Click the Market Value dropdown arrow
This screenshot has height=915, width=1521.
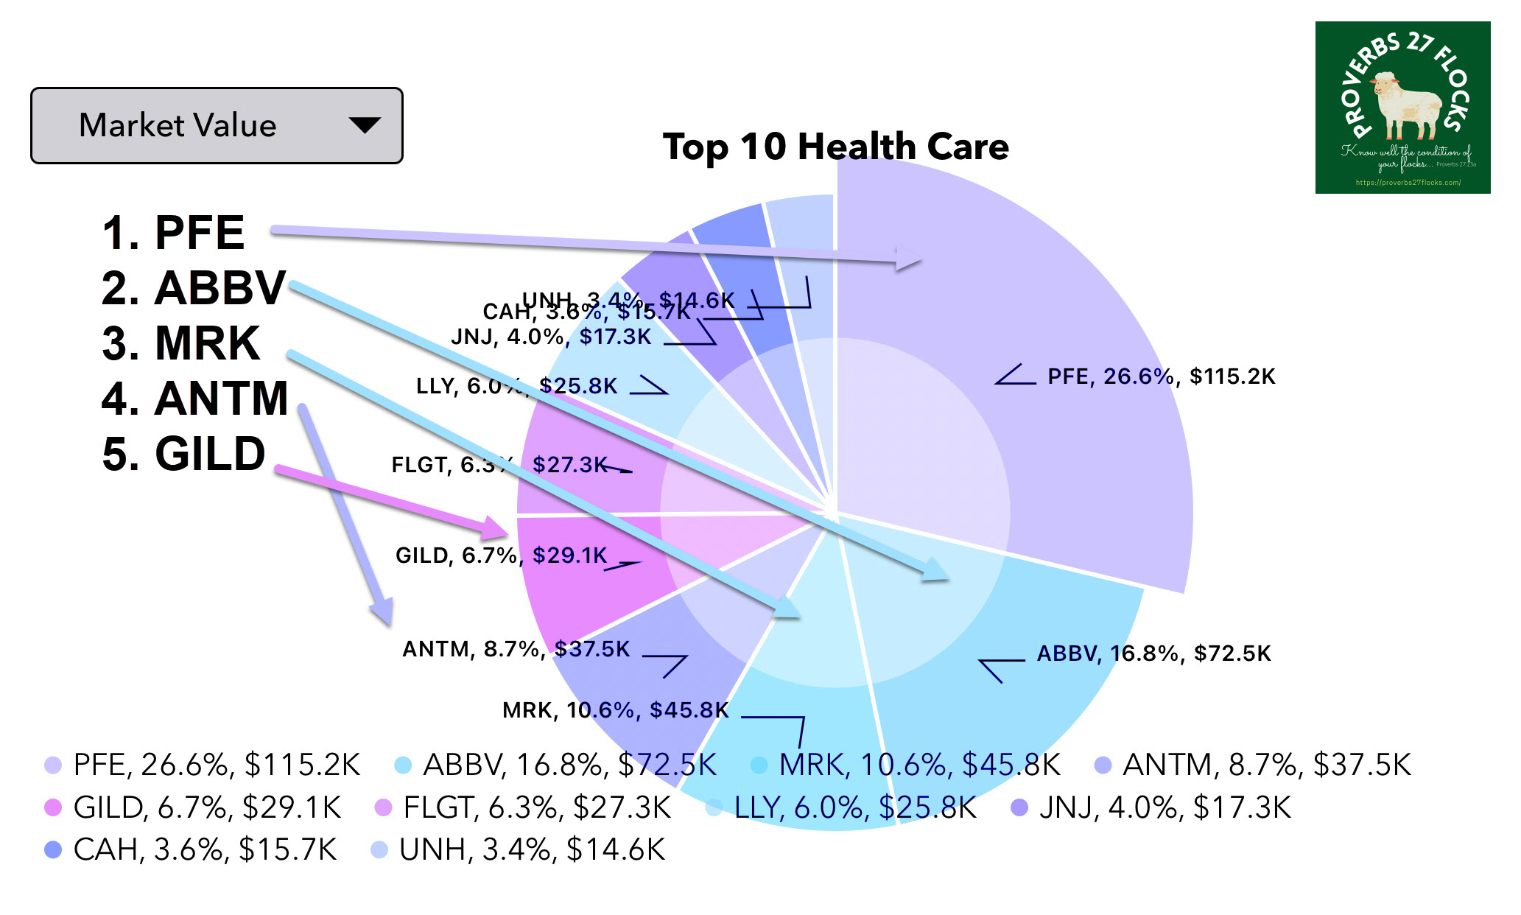click(x=365, y=125)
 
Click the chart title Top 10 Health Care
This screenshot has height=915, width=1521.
click(x=835, y=147)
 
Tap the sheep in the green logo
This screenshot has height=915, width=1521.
click(x=1405, y=105)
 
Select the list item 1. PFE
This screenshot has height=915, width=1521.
click(x=174, y=233)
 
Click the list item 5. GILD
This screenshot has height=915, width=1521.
click(x=184, y=454)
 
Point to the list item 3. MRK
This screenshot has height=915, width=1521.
click(x=181, y=343)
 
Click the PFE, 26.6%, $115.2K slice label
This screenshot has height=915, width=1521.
click(x=1161, y=376)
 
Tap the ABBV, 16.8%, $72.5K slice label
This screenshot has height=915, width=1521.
click(x=1153, y=653)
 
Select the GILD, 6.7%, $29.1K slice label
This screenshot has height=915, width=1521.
click(x=501, y=555)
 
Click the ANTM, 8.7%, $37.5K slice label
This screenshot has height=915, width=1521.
click(x=516, y=649)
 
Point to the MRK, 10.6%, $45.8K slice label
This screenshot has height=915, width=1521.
click(x=615, y=710)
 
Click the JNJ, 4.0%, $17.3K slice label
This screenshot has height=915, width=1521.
click(x=551, y=337)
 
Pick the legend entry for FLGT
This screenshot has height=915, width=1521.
click(x=536, y=808)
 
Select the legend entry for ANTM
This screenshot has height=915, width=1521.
click(x=1265, y=765)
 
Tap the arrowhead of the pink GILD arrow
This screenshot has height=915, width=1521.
click(x=495, y=527)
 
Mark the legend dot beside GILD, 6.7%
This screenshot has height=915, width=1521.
click(x=53, y=808)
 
